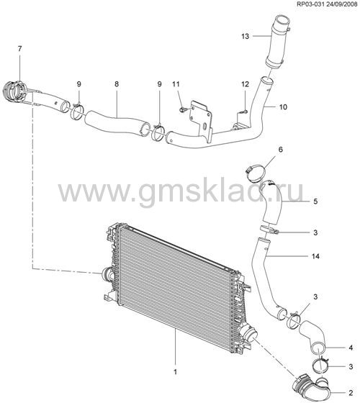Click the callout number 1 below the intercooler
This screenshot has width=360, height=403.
pos(176,371)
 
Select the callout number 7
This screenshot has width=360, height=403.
pos(20,49)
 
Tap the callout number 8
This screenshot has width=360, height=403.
pos(117,84)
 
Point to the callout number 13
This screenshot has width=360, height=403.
pos(246,36)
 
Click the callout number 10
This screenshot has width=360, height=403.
pos(283,107)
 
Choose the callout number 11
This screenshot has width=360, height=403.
pos(176,84)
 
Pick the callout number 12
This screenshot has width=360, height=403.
pos(245,84)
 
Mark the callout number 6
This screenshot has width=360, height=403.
pos(281,150)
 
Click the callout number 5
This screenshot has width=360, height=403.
pos(315,201)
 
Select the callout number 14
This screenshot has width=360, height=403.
pos(315,256)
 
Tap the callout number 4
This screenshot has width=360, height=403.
pos(351,348)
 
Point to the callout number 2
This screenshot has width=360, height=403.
pos(351,393)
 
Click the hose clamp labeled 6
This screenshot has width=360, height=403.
pos(256,171)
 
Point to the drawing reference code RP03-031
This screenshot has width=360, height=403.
pos(311,4)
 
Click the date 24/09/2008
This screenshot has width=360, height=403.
pos(342,4)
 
